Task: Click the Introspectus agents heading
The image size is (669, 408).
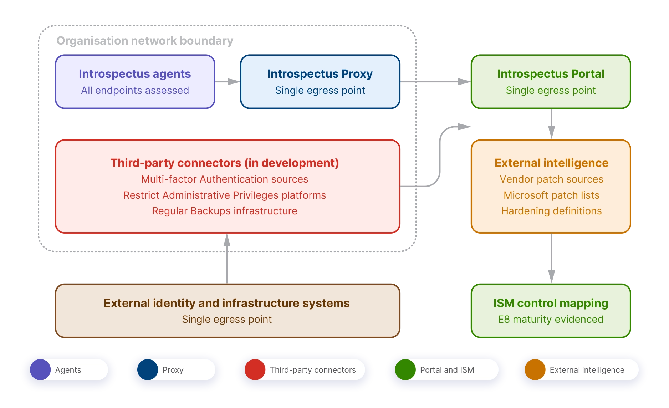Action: pos(135,74)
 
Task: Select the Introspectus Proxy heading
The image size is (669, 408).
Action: pos(320,74)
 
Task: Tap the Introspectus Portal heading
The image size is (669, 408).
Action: pos(551,74)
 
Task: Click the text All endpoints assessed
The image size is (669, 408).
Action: pos(135,91)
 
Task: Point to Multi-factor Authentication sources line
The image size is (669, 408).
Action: pos(225,179)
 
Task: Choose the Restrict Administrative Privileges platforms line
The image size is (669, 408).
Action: pos(225,195)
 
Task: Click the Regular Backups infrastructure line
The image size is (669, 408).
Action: pos(225,211)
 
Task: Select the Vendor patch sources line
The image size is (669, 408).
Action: pos(551,179)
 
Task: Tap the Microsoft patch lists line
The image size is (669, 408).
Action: pos(551,195)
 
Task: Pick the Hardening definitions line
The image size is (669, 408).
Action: pos(551,211)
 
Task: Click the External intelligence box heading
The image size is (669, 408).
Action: pos(551,163)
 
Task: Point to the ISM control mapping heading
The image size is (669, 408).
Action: pos(551,303)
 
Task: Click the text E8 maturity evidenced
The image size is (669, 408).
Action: pos(551,320)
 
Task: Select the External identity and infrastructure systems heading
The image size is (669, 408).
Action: pos(227,303)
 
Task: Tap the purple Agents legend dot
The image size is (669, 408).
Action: pos(40,370)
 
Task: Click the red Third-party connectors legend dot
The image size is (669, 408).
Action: pos(255,370)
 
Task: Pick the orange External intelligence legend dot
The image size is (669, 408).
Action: pos(535,370)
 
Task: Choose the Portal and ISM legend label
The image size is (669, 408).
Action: pos(447,370)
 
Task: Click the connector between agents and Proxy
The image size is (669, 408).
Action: pos(229,81)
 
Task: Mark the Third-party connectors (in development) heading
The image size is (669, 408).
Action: pos(225,163)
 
